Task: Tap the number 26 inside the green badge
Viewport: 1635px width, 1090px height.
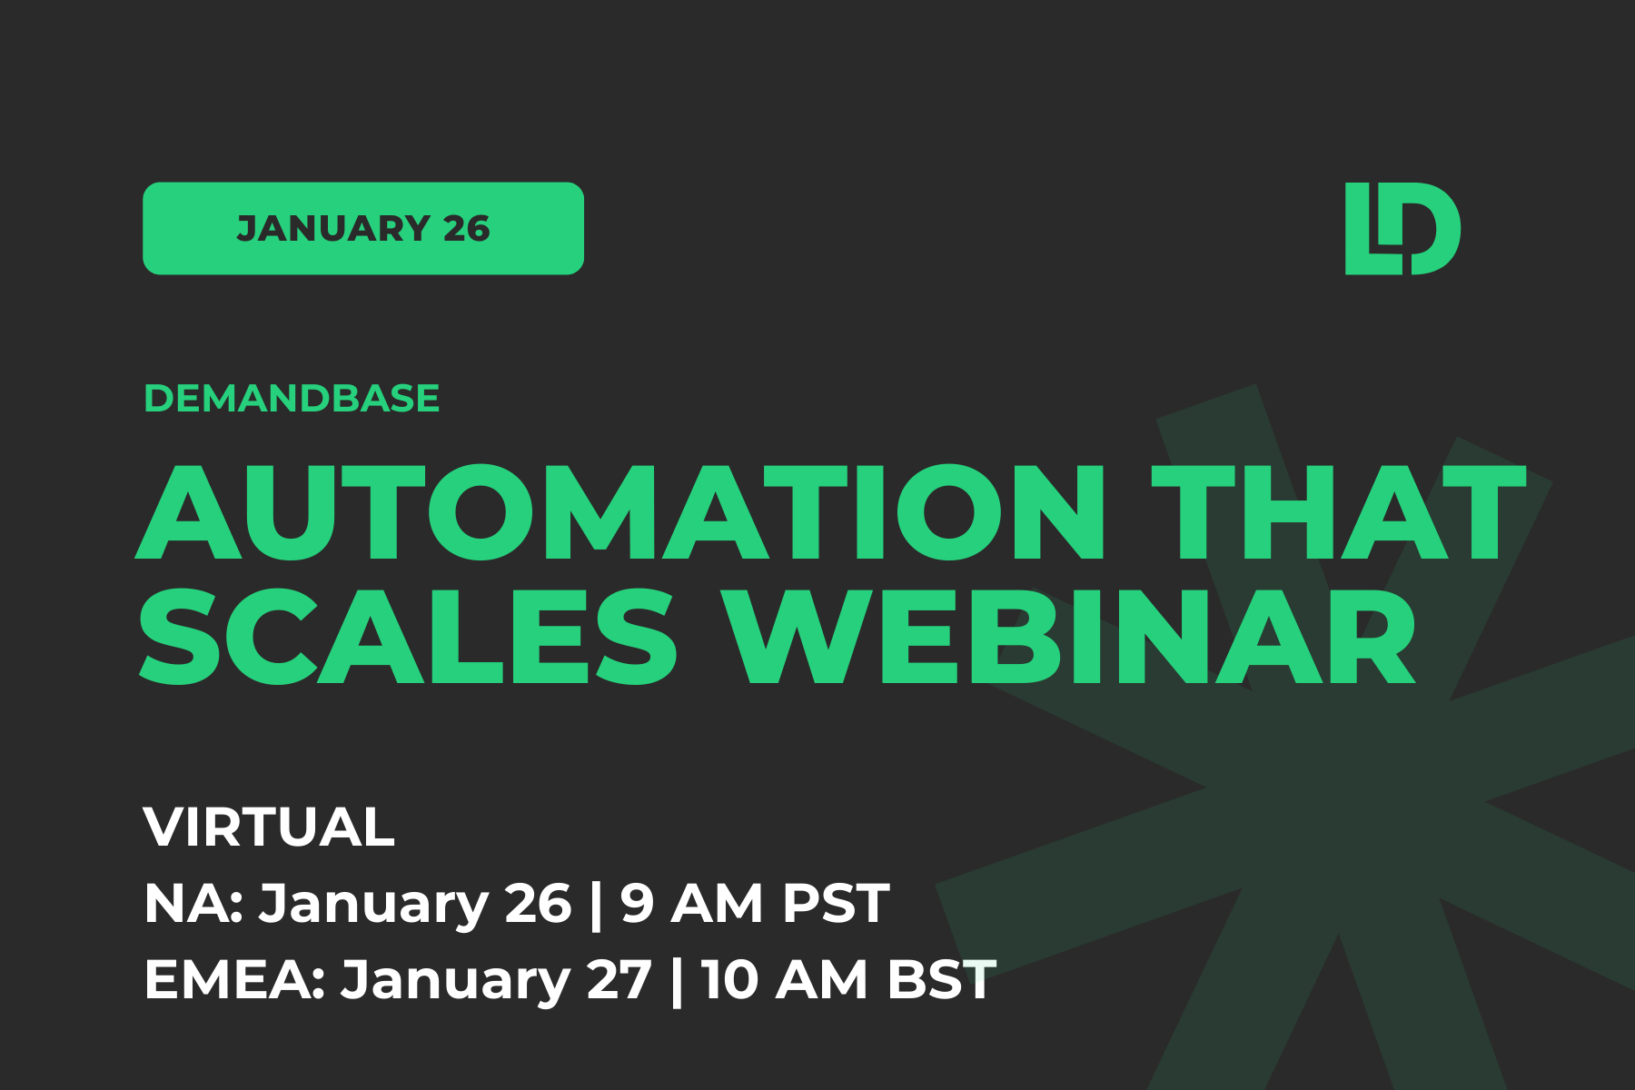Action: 467,229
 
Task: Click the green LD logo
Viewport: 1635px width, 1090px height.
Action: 1402,228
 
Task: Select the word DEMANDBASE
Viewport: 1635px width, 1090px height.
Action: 292,398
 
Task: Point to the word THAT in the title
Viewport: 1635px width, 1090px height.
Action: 1339,512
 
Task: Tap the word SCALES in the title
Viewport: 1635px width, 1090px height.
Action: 408,636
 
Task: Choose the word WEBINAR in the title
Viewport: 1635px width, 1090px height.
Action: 1073,636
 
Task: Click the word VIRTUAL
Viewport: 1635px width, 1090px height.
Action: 269,827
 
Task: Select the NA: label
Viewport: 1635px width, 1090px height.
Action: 193,903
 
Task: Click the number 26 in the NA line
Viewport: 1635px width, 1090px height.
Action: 538,903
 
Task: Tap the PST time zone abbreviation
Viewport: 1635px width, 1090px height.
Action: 836,903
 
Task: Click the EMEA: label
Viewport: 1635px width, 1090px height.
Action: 234,980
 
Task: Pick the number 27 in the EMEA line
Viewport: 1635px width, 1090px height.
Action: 619,980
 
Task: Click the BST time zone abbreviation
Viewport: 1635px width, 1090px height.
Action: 942,980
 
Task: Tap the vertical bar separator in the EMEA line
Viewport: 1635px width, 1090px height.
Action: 676,981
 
